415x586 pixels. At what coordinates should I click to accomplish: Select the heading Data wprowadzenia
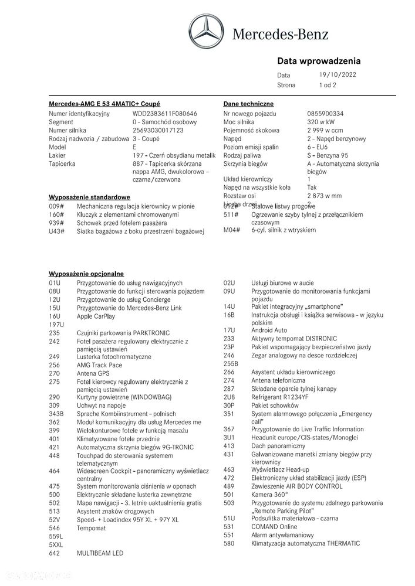pyautogui.click(x=318, y=61)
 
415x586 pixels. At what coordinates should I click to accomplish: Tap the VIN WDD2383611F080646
pyautogui.click(x=165, y=113)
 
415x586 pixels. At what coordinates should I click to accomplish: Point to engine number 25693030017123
pyautogui.click(x=158, y=130)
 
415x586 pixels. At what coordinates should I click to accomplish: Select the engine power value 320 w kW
pyautogui.click(x=321, y=122)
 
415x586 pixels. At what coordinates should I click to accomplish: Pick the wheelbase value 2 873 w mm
pyautogui.click(x=324, y=196)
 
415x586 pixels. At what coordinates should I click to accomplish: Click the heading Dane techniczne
pyautogui.click(x=248, y=103)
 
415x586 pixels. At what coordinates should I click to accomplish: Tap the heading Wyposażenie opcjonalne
pyautogui.click(x=86, y=274)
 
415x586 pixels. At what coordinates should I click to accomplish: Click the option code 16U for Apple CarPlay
pyautogui.click(x=55, y=315)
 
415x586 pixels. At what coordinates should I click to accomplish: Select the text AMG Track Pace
pyautogui.click(x=100, y=364)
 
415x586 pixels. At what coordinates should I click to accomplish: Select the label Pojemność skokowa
pyautogui.click(x=251, y=130)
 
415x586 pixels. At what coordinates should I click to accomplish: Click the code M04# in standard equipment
pyautogui.click(x=232, y=231)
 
